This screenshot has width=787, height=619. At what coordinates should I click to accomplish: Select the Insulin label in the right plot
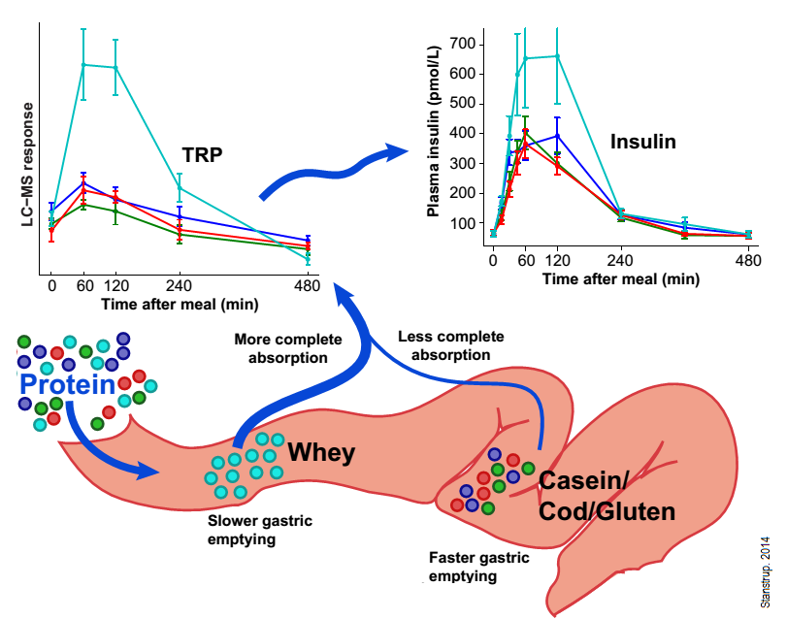tap(642, 142)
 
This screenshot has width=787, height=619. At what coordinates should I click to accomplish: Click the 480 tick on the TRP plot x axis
tap(308, 287)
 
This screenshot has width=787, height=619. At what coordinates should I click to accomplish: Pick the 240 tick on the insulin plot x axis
tap(620, 261)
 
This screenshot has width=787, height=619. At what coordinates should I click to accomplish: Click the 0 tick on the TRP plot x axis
tap(51, 287)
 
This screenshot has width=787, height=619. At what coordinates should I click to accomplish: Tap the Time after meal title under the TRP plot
tap(179, 304)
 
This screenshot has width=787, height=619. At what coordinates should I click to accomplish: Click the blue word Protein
tap(66, 385)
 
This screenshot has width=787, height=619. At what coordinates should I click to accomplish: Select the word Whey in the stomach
tap(321, 452)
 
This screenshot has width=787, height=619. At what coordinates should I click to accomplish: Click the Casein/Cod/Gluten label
tap(606, 496)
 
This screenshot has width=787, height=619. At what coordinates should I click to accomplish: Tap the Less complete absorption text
tap(451, 345)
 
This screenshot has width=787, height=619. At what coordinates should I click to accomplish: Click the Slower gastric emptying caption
tap(259, 530)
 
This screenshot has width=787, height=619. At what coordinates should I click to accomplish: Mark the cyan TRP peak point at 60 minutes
tap(83, 64)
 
